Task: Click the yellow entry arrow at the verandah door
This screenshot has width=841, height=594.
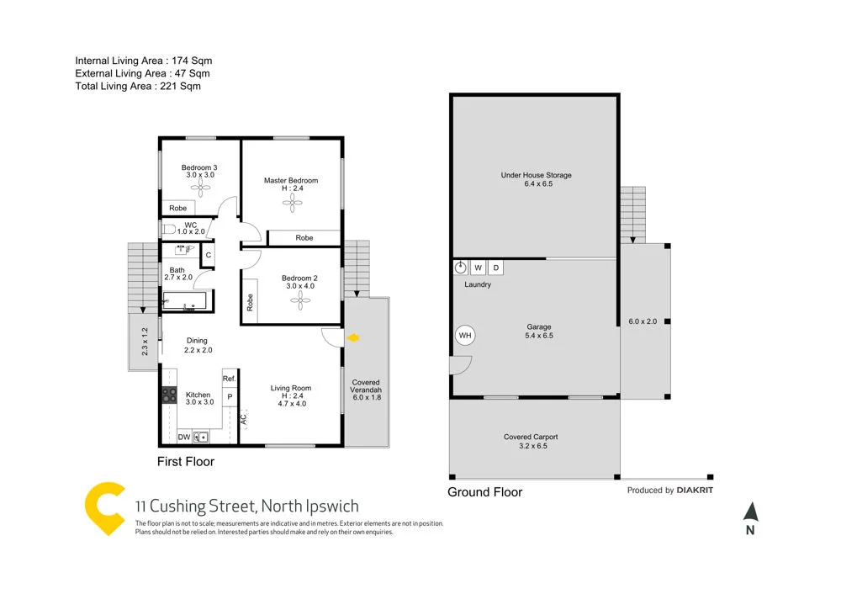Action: pyautogui.click(x=354, y=337)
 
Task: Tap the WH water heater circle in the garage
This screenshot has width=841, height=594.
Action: pyautogui.click(x=464, y=335)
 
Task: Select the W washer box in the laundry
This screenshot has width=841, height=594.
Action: pyautogui.click(x=478, y=268)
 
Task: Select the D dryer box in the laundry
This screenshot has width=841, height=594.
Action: pyautogui.click(x=496, y=268)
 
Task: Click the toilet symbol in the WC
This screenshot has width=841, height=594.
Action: pyautogui.click(x=168, y=229)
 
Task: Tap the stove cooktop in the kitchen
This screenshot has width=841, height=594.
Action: pyautogui.click(x=167, y=395)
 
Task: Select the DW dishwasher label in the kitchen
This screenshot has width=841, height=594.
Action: pyautogui.click(x=184, y=438)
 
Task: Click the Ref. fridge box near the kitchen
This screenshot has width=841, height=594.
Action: pyautogui.click(x=229, y=379)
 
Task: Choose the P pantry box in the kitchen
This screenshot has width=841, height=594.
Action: pyautogui.click(x=229, y=395)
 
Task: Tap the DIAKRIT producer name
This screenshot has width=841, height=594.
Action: pyautogui.click(x=695, y=490)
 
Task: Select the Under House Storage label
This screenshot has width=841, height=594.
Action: pyautogui.click(x=536, y=175)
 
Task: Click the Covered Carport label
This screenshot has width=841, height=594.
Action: pyautogui.click(x=531, y=437)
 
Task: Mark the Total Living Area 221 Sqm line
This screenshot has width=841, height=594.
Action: pyautogui.click(x=138, y=86)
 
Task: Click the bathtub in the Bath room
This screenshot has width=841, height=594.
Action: pyautogui.click(x=186, y=300)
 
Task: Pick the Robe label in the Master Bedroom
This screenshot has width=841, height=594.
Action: pyautogui.click(x=304, y=238)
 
